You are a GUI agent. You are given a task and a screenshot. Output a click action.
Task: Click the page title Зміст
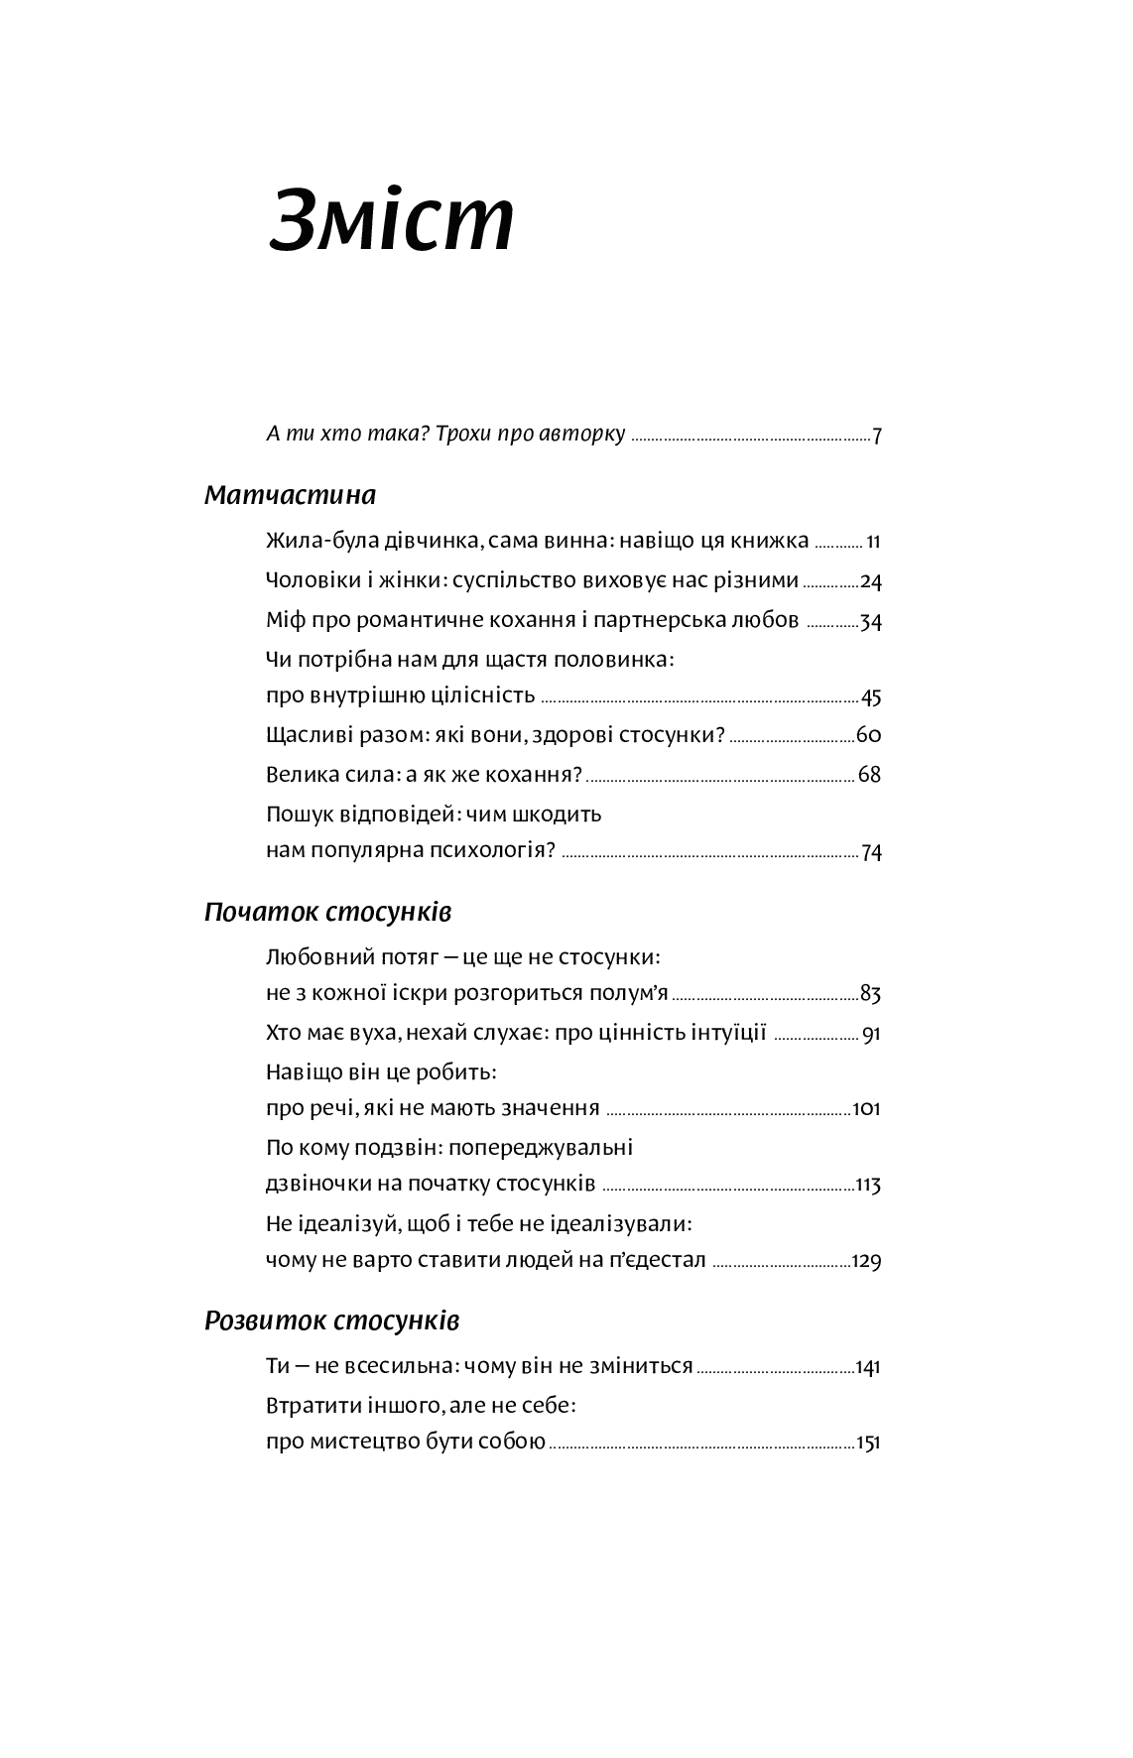coord(392,221)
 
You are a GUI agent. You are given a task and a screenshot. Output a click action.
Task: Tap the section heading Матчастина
coord(290,495)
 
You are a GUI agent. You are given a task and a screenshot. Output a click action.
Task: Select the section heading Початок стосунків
coord(328,912)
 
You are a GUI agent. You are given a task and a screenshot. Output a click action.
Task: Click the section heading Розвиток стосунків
coord(331,1321)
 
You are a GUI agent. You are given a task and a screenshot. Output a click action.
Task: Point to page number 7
coord(877,436)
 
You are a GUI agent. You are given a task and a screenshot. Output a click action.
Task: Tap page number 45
coord(871,697)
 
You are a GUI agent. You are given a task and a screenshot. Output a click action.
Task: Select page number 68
coord(870,775)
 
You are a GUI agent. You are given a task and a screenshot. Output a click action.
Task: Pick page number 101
coord(866,1109)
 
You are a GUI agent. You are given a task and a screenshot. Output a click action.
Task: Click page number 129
coord(866,1262)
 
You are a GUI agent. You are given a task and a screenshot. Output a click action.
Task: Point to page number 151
coord(867,1444)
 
